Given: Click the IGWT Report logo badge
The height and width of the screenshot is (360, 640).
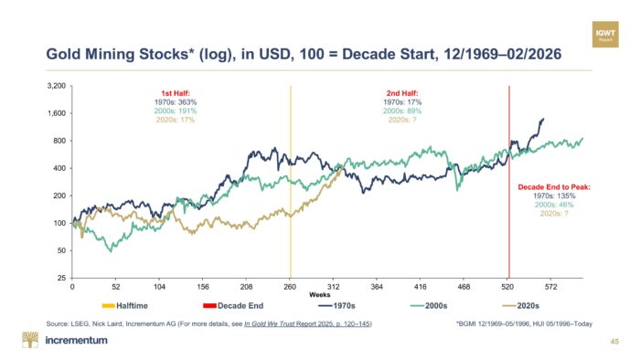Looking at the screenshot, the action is pos(605,35).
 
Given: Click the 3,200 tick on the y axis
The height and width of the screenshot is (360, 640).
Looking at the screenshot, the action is pos(57,86).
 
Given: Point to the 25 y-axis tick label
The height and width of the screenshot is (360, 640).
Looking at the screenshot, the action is pos(61,278).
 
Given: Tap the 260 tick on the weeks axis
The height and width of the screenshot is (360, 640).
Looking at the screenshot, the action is pos(290,287).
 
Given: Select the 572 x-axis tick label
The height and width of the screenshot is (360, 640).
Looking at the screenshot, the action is pos(550,287).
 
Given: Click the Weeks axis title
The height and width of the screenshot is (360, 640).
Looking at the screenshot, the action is pos(320,295).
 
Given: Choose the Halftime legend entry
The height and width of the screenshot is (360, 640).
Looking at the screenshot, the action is pos(125,306).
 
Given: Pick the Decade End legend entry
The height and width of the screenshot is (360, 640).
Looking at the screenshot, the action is pos(233,306).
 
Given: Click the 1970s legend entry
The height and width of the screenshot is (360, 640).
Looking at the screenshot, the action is pos(336,306).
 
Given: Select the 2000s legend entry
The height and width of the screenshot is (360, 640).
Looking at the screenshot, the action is pos(429,306).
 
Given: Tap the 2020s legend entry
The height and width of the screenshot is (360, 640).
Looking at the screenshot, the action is pos(520,306).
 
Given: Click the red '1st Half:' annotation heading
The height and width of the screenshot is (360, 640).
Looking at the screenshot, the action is pos(176,93).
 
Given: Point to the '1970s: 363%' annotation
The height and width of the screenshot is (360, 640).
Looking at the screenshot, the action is pos(176,102).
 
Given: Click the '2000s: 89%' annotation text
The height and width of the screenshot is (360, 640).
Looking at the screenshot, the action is pos(402,111).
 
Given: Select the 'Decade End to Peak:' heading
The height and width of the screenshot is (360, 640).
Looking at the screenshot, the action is pos(554,187).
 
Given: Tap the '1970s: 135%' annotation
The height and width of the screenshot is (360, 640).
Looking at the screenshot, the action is pos(554,196).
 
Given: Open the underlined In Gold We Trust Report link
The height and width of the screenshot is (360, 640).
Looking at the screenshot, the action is pos(307,323).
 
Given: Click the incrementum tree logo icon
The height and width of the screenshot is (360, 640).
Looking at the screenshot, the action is pos(30,340).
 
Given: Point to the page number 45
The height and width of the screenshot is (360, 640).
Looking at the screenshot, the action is pos(614,342).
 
